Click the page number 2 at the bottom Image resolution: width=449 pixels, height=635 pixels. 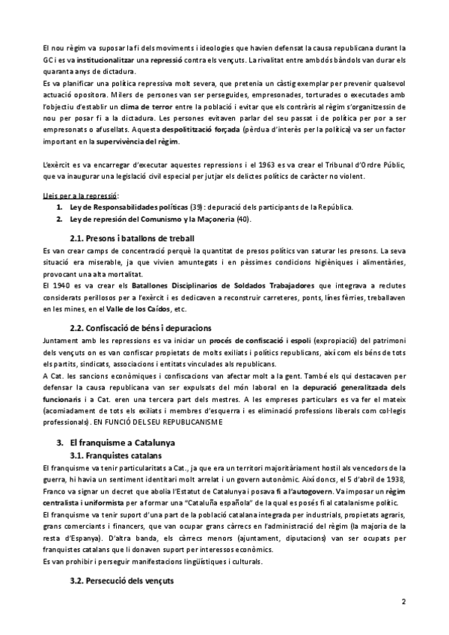pos(403,601)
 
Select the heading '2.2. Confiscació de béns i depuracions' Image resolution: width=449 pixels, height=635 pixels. pos(140,327)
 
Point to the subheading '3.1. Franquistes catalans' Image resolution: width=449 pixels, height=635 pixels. pos(114,455)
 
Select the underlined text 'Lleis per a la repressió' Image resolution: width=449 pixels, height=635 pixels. pos(76,195)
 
